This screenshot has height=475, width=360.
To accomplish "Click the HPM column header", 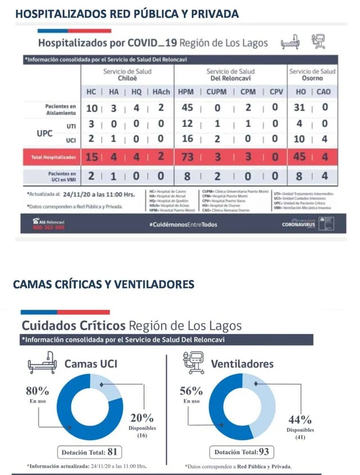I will pyautogui.click(x=186, y=92).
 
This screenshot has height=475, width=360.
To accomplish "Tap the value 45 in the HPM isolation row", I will pyautogui.click(x=186, y=108).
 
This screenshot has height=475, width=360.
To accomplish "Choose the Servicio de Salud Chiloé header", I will pyautogui.click(x=127, y=75).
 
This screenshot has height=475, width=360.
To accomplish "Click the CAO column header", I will pyautogui.click(x=323, y=92).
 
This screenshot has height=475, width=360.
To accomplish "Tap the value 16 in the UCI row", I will pyautogui.click(x=186, y=139).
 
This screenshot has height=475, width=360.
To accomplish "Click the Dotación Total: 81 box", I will pyautogui.click(x=90, y=451).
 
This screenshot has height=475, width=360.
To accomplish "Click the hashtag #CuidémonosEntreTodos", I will pyautogui.click(x=183, y=225).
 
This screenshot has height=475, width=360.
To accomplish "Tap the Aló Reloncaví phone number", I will pyautogui.click(x=49, y=228).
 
